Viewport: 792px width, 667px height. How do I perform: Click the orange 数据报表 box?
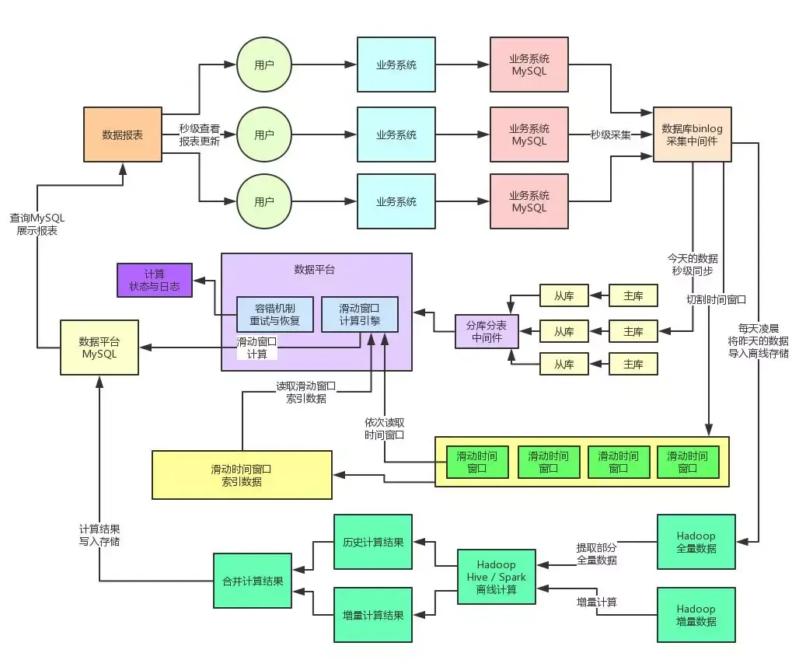tap(122, 134)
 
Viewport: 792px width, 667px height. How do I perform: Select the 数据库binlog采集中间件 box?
tap(692, 134)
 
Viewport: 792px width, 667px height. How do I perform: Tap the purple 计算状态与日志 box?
tap(154, 280)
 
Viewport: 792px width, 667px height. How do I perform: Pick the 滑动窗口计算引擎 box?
tap(359, 314)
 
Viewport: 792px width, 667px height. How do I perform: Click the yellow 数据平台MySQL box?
tap(99, 347)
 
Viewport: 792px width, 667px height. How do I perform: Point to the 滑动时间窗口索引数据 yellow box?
tap(241, 475)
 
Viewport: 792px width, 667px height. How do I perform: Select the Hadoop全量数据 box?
tap(696, 542)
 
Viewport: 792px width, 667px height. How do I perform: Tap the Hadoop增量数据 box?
tap(696, 615)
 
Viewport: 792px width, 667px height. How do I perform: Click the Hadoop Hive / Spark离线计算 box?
tap(497, 577)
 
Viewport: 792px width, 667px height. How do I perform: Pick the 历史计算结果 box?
tap(372, 542)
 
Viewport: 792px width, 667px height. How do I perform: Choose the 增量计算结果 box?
tap(372, 615)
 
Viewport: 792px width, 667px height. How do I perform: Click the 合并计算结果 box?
tap(253, 581)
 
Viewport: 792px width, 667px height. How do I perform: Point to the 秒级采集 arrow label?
tap(610, 134)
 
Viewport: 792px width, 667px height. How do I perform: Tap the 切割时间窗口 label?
tap(716, 299)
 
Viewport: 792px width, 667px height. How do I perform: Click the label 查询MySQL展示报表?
tap(37, 225)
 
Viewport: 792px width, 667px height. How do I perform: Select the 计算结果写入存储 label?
tap(99, 534)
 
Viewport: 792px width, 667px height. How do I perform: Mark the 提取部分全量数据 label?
tap(597, 553)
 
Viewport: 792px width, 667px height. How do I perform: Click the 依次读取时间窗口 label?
tap(385, 428)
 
